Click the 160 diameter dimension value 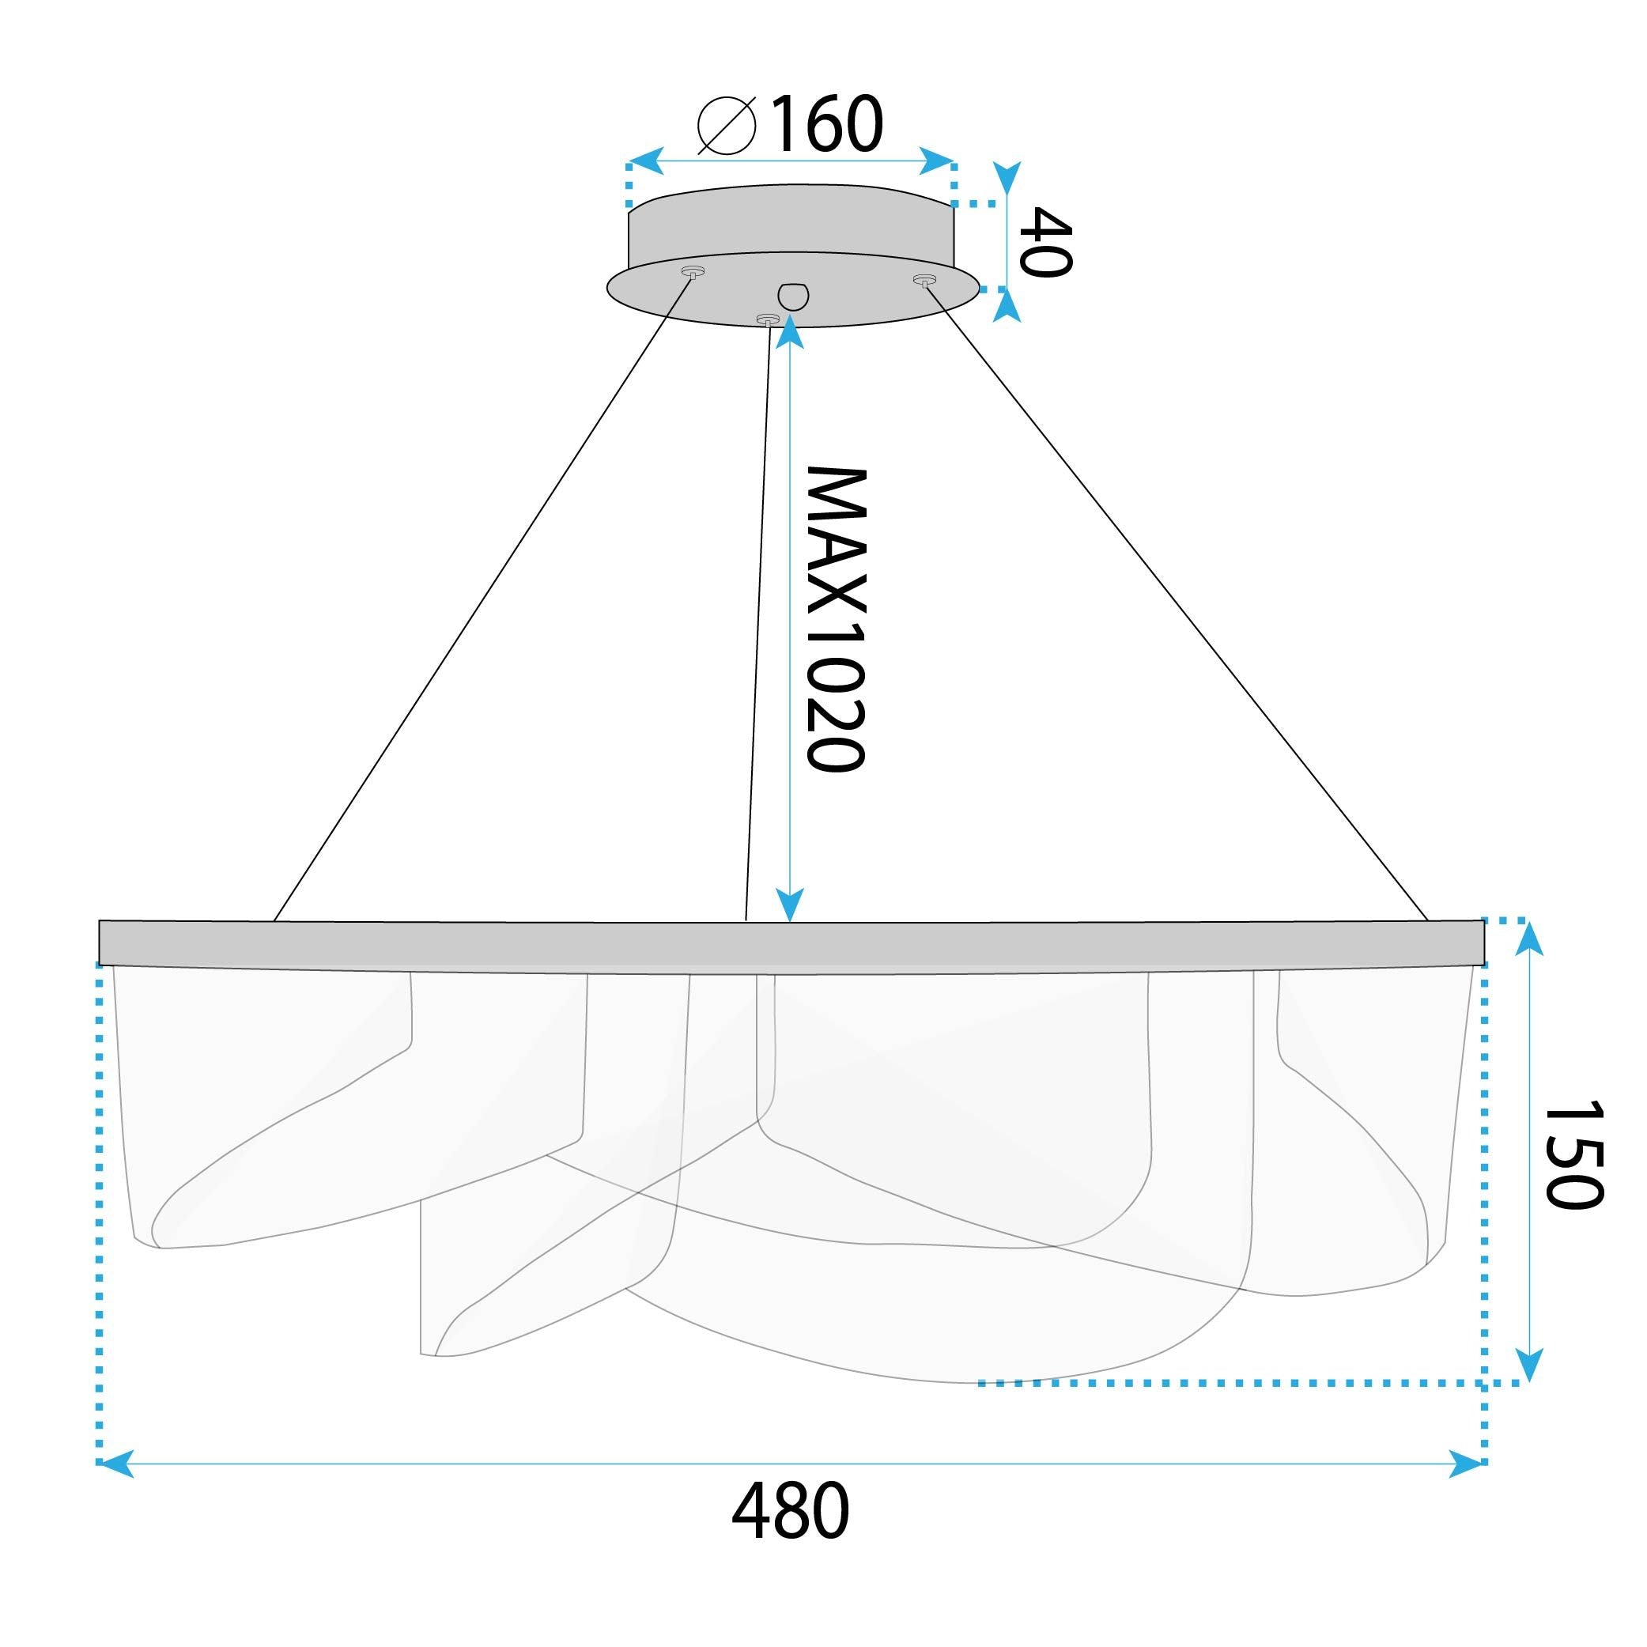click(826, 125)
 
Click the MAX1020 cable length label click(837, 619)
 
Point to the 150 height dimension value click(1573, 1154)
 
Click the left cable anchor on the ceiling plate click(693, 272)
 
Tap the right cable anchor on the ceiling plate click(924, 280)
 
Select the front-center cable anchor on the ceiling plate click(767, 320)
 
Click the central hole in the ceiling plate click(793, 295)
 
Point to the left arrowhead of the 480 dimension click(115, 1464)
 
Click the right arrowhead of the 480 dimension click(1468, 1464)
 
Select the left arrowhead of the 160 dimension click(646, 161)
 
